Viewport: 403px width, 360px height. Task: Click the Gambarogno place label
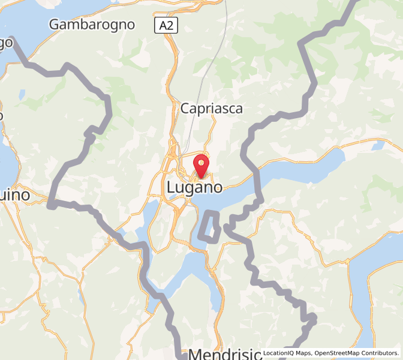coord(92,25)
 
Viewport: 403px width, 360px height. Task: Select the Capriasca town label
coord(212,109)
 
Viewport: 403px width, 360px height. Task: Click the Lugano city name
coord(194,188)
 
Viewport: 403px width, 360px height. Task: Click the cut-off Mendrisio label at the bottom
coord(225,353)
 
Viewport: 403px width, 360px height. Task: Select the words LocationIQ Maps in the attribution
coord(288,353)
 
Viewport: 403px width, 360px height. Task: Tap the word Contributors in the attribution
coord(380,353)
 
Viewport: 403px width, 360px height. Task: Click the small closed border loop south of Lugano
coord(209,227)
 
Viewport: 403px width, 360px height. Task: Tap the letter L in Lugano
coord(171,188)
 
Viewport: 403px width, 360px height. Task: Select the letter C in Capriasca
coord(185,109)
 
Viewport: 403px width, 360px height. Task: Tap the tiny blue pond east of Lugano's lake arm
coord(378,146)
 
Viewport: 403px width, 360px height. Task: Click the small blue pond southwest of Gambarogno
coord(22,94)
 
